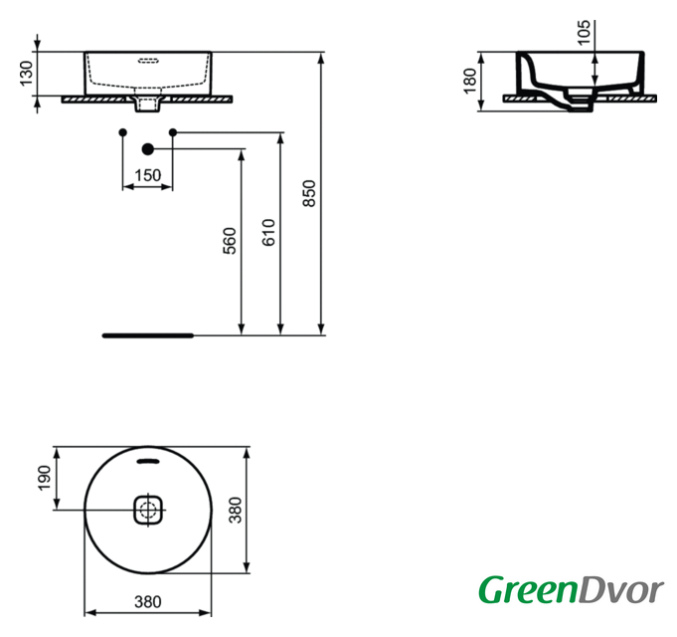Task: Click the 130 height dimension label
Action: (26, 73)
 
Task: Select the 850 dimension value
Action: (309, 193)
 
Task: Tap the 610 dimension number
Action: (268, 232)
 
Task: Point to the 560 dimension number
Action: (230, 241)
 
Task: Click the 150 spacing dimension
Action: (148, 175)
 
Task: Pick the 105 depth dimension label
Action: (584, 32)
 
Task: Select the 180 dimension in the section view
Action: (469, 81)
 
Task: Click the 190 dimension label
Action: (44, 478)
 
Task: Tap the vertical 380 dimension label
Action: (236, 510)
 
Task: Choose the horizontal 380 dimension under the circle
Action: (148, 601)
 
